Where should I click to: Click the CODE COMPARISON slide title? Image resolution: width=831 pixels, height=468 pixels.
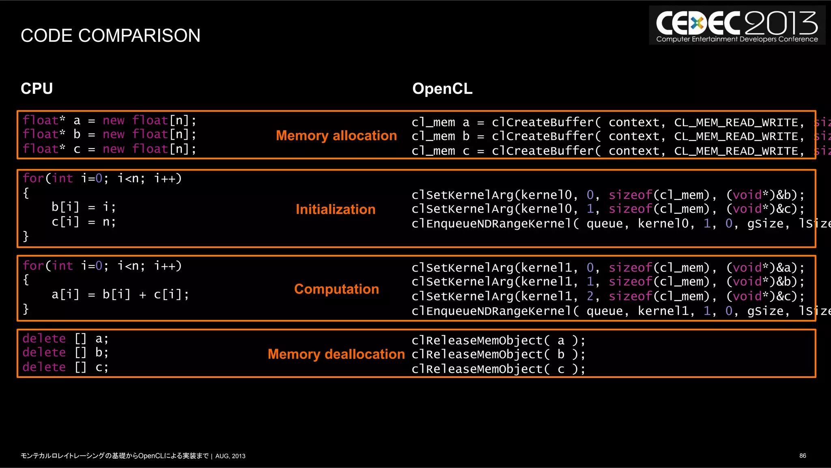[110, 36]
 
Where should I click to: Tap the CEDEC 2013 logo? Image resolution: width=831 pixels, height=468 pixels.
[737, 26]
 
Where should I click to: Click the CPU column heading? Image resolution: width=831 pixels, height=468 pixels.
[37, 88]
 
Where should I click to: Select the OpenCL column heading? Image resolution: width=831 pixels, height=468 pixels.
[442, 88]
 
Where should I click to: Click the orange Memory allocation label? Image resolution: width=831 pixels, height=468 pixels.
[336, 136]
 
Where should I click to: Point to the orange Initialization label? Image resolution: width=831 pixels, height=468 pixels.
[336, 209]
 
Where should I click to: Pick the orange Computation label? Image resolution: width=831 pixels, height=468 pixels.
[336, 289]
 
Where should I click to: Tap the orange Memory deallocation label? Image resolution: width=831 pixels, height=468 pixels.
[336, 354]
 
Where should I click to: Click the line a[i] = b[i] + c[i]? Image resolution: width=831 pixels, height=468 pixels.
[120, 295]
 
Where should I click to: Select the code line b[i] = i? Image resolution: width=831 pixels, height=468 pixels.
[84, 207]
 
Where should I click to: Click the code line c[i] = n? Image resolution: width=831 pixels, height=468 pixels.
[84, 222]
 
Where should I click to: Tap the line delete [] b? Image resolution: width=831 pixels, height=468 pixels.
[65, 353]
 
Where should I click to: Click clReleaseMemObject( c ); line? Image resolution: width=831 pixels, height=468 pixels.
[498, 369]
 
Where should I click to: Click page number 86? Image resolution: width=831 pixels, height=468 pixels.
[803, 456]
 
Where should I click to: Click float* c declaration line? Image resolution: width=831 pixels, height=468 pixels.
[110, 149]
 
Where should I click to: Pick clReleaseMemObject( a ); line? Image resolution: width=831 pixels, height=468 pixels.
[498, 341]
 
